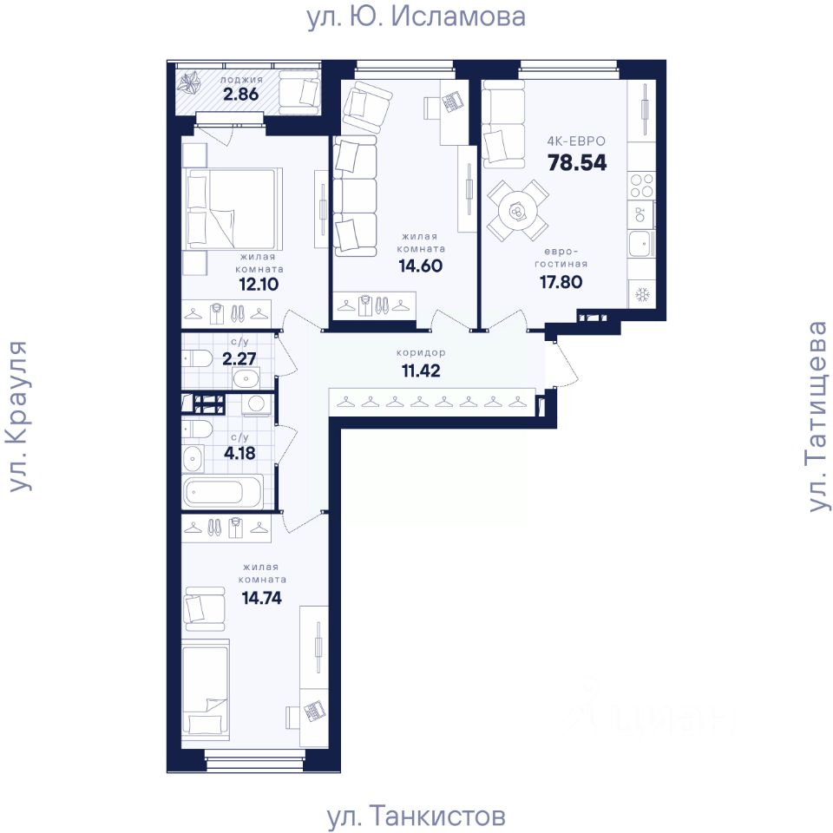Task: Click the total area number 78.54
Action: pyautogui.click(x=577, y=162)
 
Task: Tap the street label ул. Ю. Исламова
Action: pyautogui.click(x=416, y=16)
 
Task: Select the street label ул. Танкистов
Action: pyautogui.click(x=416, y=816)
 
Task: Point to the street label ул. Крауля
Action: pyautogui.click(x=18, y=416)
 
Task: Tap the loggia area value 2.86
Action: pyautogui.click(x=240, y=94)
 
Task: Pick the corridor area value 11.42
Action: pyautogui.click(x=421, y=371)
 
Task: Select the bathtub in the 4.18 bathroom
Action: pyautogui.click(x=223, y=491)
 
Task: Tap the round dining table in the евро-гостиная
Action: pyautogui.click(x=517, y=211)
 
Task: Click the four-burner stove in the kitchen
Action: pyautogui.click(x=642, y=186)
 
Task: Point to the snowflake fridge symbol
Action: pyautogui.click(x=642, y=295)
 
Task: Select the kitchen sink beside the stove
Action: pyautogui.click(x=642, y=245)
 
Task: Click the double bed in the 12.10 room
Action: pyautogui.click(x=233, y=209)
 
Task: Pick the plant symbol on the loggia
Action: pyautogui.click(x=189, y=84)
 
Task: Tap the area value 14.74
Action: pyautogui.click(x=261, y=598)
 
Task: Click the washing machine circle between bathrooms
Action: pyautogui.click(x=257, y=403)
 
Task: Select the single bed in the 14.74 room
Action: pyautogui.click(x=207, y=690)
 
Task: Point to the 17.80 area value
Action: pyautogui.click(x=561, y=282)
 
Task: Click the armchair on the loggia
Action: pyautogui.click(x=299, y=92)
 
